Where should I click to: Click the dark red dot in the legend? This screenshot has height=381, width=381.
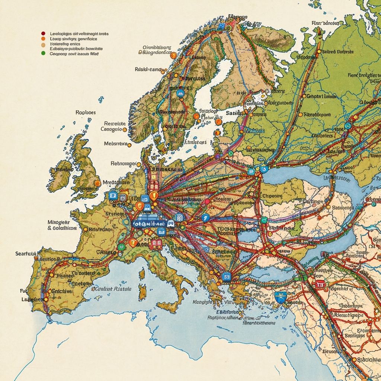point(43,33)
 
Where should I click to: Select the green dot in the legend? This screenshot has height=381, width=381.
point(43,54)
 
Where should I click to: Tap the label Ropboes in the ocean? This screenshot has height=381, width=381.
point(86,112)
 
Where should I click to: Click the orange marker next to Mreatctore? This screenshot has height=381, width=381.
point(97,183)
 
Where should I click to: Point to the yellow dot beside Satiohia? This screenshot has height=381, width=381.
point(353,359)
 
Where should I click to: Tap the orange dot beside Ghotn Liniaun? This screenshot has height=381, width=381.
point(304,96)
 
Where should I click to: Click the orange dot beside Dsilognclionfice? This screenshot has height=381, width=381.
point(173,56)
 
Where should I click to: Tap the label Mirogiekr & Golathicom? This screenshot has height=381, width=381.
point(62,225)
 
